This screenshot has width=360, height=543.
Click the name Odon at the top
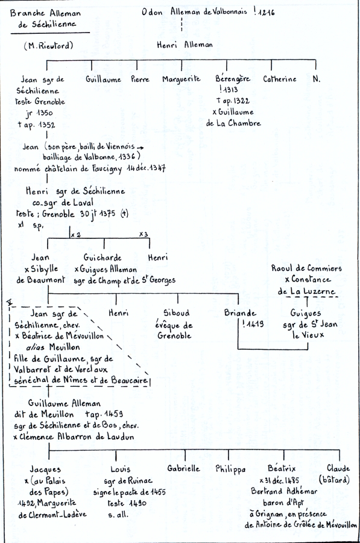(151, 12)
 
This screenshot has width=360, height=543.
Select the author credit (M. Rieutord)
(48, 45)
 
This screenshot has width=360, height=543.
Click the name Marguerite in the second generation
(182, 79)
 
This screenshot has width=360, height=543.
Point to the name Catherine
(280, 79)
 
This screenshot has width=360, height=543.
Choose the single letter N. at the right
(317, 79)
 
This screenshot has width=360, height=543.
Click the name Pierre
(140, 79)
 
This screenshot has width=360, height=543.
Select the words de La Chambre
(233, 123)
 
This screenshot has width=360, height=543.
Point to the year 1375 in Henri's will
(107, 214)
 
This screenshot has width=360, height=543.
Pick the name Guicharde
(103, 258)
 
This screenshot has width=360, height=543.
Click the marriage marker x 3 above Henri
(144, 235)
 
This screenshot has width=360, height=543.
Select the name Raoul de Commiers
(306, 268)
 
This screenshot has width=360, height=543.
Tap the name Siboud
(177, 313)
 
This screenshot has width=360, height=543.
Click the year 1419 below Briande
(256, 324)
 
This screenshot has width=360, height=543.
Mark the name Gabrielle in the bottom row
(183, 469)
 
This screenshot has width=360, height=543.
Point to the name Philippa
(230, 469)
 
